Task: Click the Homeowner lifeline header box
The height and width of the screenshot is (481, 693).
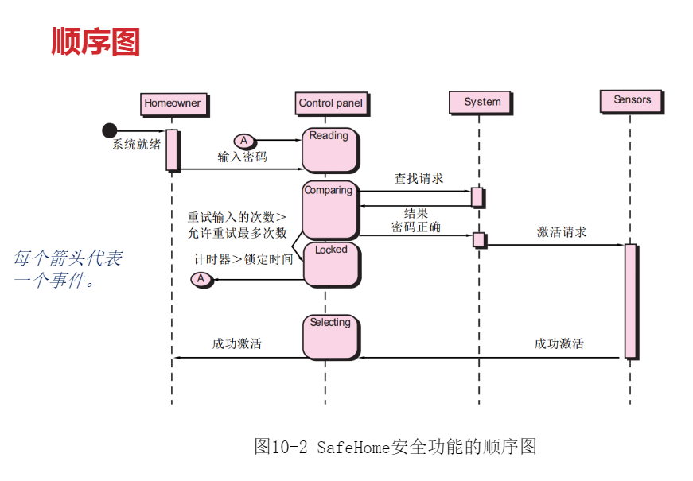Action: click(172, 103)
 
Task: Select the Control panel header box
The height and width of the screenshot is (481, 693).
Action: click(330, 103)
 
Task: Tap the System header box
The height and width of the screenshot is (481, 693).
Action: click(482, 102)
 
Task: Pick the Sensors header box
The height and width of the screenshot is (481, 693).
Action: click(632, 100)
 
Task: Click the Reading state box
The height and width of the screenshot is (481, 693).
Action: click(329, 150)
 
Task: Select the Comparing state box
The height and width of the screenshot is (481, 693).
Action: click(329, 210)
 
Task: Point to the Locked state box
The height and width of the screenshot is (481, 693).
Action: click(331, 265)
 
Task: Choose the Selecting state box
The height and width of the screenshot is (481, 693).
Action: click(330, 336)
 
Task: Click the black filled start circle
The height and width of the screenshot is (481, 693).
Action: click(110, 130)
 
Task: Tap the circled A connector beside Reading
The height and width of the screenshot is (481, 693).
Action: click(244, 141)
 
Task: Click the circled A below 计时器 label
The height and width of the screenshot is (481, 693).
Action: click(201, 279)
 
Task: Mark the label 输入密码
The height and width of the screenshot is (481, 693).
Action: click(243, 157)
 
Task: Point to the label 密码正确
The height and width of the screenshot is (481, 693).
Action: click(416, 227)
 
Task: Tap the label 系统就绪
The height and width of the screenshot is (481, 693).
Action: click(136, 145)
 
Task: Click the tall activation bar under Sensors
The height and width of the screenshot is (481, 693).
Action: click(630, 301)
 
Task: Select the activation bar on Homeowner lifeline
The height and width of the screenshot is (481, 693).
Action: click(172, 149)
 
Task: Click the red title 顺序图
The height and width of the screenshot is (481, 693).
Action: click(95, 41)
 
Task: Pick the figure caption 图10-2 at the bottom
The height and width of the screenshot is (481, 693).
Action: click(395, 446)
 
